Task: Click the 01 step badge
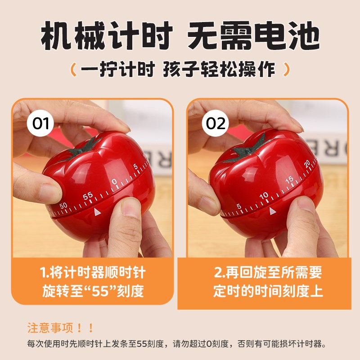(x=40, y=123)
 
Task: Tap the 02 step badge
(x=216, y=123)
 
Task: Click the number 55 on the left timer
(x=88, y=196)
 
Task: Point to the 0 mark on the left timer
(x=114, y=182)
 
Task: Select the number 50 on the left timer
(x=63, y=206)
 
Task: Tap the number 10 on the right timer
(x=264, y=195)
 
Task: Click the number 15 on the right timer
(x=289, y=180)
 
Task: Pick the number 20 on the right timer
(x=307, y=163)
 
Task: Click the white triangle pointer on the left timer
(x=97, y=211)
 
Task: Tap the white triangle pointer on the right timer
(x=272, y=211)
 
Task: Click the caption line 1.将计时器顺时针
(x=93, y=273)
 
